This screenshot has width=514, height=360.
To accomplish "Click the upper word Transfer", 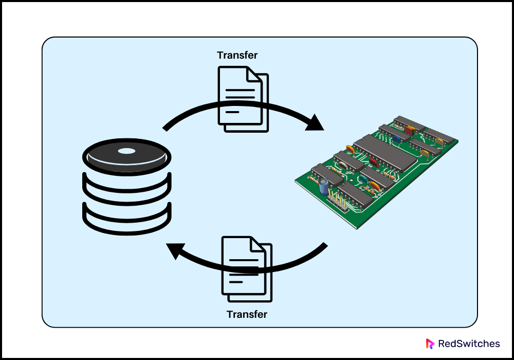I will [237, 55].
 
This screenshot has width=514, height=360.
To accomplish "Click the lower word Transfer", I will [247, 314].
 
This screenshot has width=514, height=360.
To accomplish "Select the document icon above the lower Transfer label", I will [246, 268].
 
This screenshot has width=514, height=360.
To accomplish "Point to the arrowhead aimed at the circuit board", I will [315, 123].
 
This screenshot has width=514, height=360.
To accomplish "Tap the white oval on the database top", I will [126, 151].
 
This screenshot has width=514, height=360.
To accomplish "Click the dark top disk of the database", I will [126, 155].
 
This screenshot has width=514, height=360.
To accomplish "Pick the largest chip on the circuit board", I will [385, 152].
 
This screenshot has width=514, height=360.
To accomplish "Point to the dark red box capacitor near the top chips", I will [408, 131].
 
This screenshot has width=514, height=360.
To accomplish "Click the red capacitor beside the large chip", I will [373, 163].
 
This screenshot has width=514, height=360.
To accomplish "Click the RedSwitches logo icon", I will [430, 344].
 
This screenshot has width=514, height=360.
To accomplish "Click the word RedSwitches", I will [468, 344].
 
